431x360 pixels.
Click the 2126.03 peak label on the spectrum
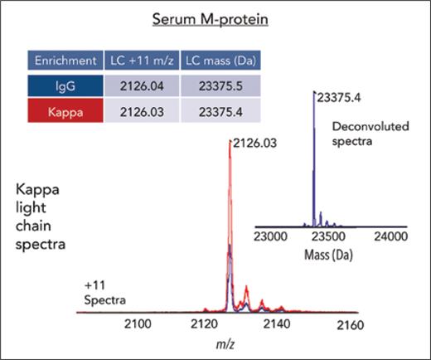click(x=255, y=144)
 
